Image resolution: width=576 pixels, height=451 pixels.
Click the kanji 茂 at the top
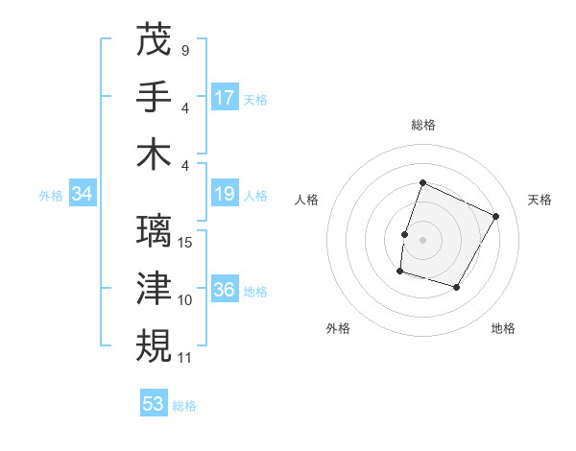[x=155, y=39]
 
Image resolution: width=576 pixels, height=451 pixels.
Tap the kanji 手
[x=155, y=96]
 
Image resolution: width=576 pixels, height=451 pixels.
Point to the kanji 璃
[x=155, y=231]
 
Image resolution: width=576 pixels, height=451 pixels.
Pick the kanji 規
[x=155, y=344]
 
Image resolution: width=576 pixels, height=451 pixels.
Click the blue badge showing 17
[x=225, y=97]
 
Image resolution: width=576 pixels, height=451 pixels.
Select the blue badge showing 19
[x=225, y=195]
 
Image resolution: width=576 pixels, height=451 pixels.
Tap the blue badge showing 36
[x=225, y=291]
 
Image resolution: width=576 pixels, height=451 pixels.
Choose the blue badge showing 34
[x=83, y=195]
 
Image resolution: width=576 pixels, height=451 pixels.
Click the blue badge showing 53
[x=154, y=404]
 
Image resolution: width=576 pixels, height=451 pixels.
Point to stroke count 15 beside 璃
[x=186, y=243]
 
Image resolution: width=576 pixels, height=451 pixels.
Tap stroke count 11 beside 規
[x=185, y=357]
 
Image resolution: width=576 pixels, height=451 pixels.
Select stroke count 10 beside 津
[x=185, y=300]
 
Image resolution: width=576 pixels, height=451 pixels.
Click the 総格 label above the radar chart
[x=422, y=126]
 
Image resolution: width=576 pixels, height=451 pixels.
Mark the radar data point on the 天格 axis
[x=495, y=216]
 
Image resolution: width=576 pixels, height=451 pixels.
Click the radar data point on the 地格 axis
[x=457, y=287]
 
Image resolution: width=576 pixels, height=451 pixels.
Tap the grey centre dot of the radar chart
[x=422, y=240]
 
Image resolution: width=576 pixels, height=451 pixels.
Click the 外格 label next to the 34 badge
[x=51, y=196]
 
